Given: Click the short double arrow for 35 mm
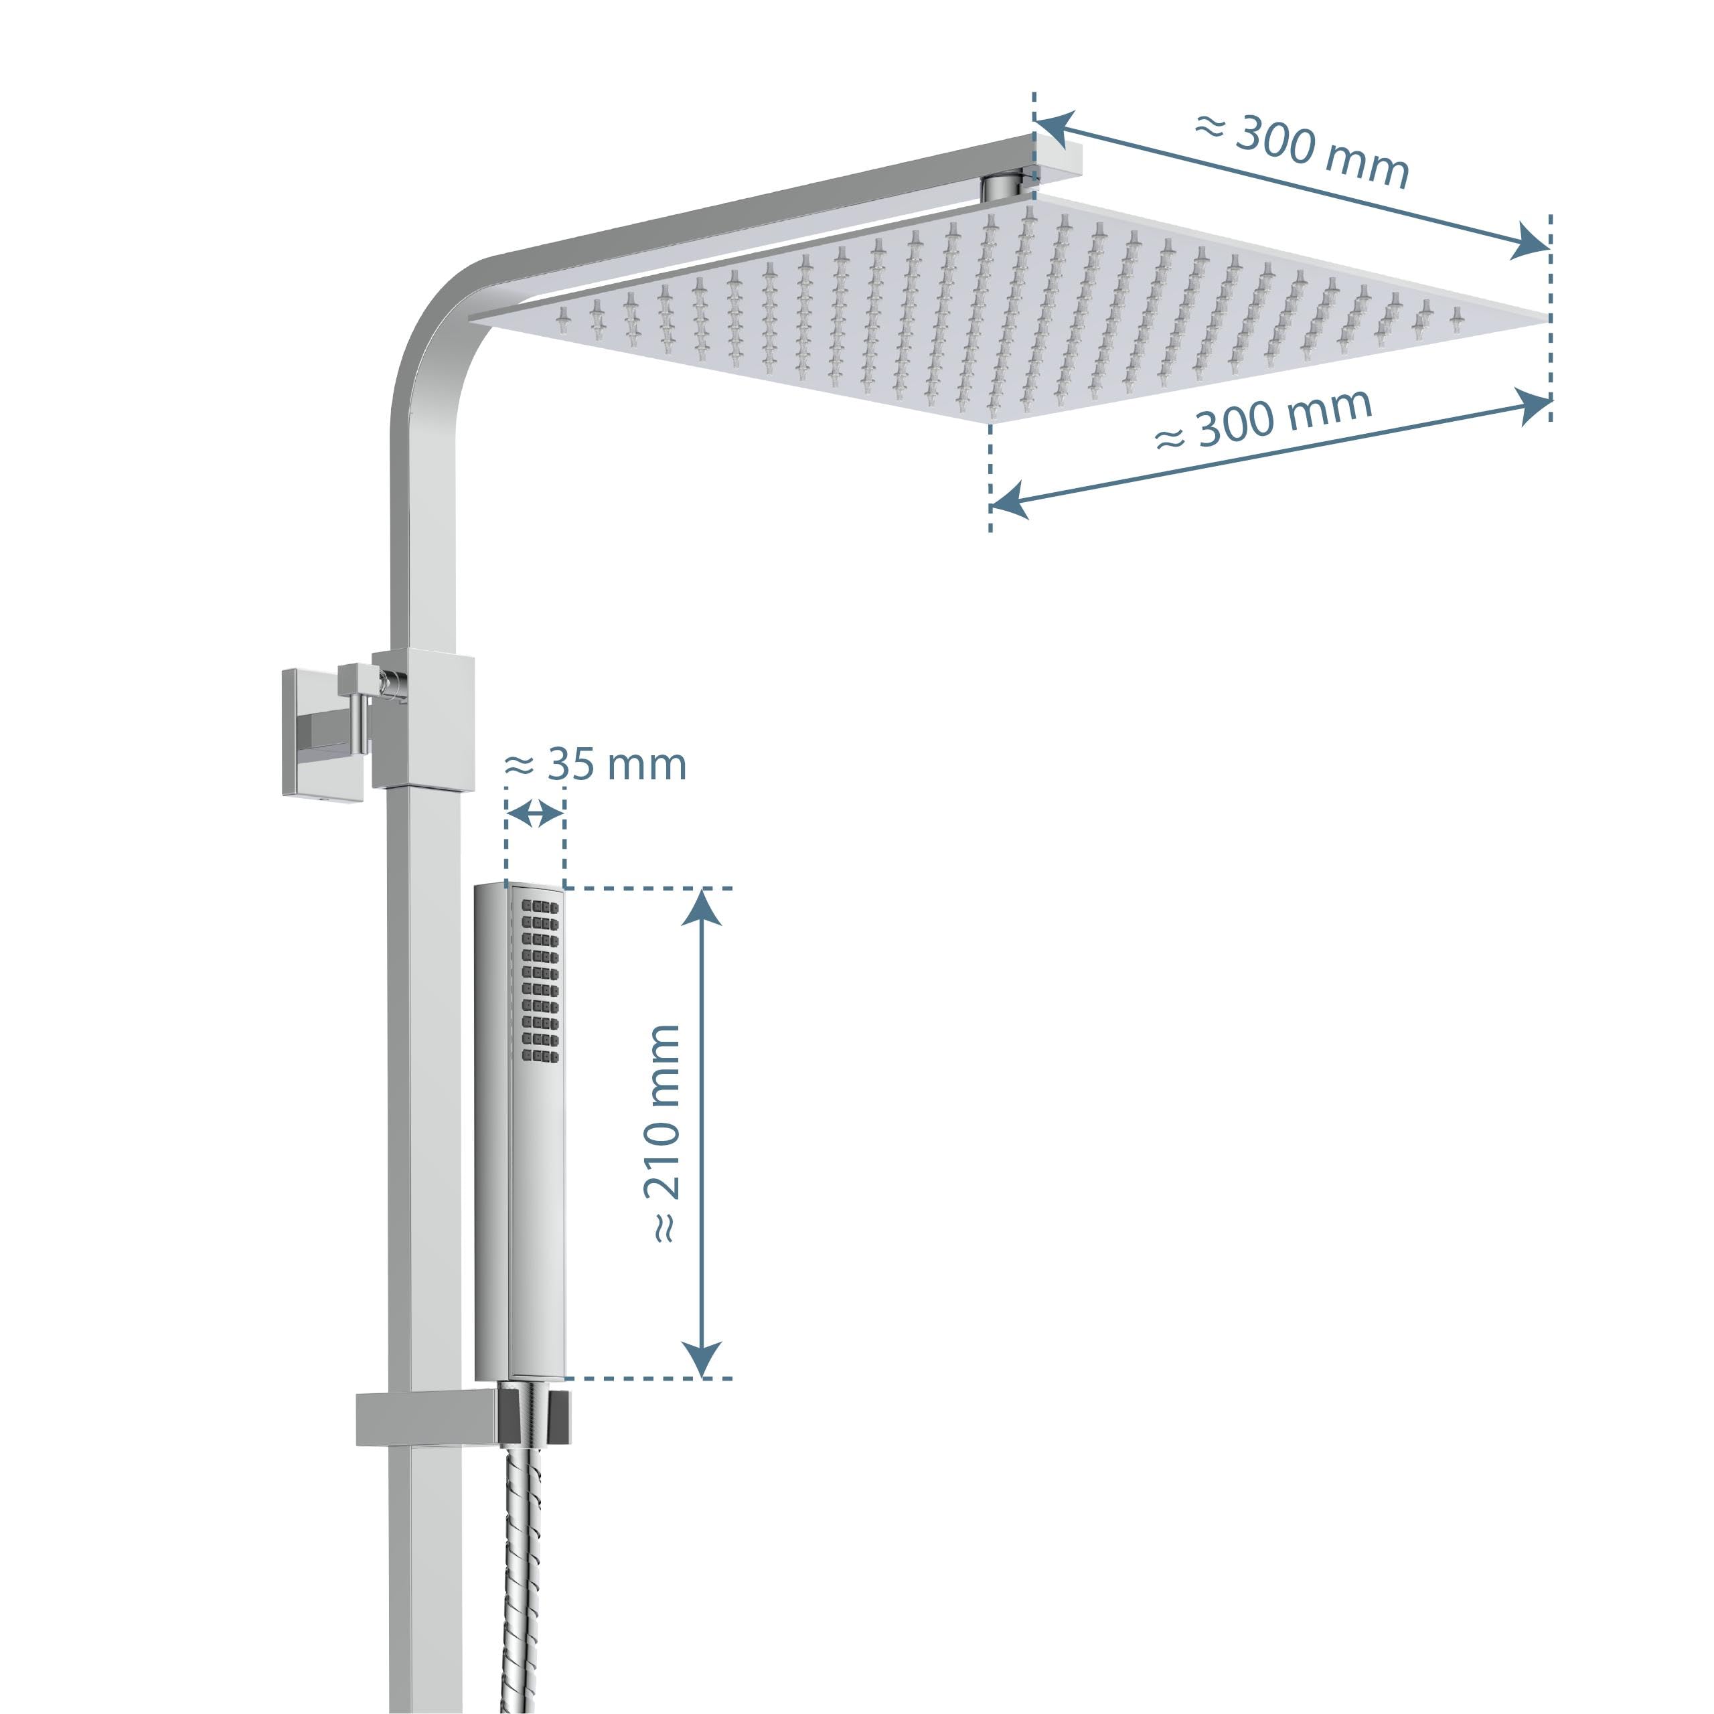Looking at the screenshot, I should pyautogui.click(x=535, y=813).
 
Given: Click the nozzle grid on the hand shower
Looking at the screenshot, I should pyautogui.click(x=540, y=980).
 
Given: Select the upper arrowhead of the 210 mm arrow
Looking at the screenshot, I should pyautogui.click(x=702, y=907).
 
